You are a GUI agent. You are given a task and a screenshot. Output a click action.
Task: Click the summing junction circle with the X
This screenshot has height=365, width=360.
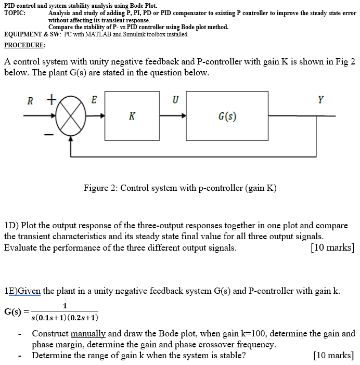pyautogui.click(x=71, y=117)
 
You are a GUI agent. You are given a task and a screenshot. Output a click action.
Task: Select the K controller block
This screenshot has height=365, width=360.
pyautogui.click(x=132, y=116)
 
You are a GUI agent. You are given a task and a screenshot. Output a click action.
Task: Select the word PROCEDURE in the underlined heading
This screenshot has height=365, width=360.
pyautogui.click(x=23, y=45)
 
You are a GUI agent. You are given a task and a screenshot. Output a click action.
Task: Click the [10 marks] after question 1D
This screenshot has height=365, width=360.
pyautogui.click(x=332, y=247)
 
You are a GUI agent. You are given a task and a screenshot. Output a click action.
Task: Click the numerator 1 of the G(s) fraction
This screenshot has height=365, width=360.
pyautogui.click(x=65, y=306)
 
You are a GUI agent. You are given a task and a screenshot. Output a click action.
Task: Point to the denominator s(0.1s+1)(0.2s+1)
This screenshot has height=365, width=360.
pyautogui.click(x=65, y=318)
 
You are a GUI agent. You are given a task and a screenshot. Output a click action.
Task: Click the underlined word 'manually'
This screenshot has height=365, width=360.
pyautogui.click(x=88, y=334)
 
